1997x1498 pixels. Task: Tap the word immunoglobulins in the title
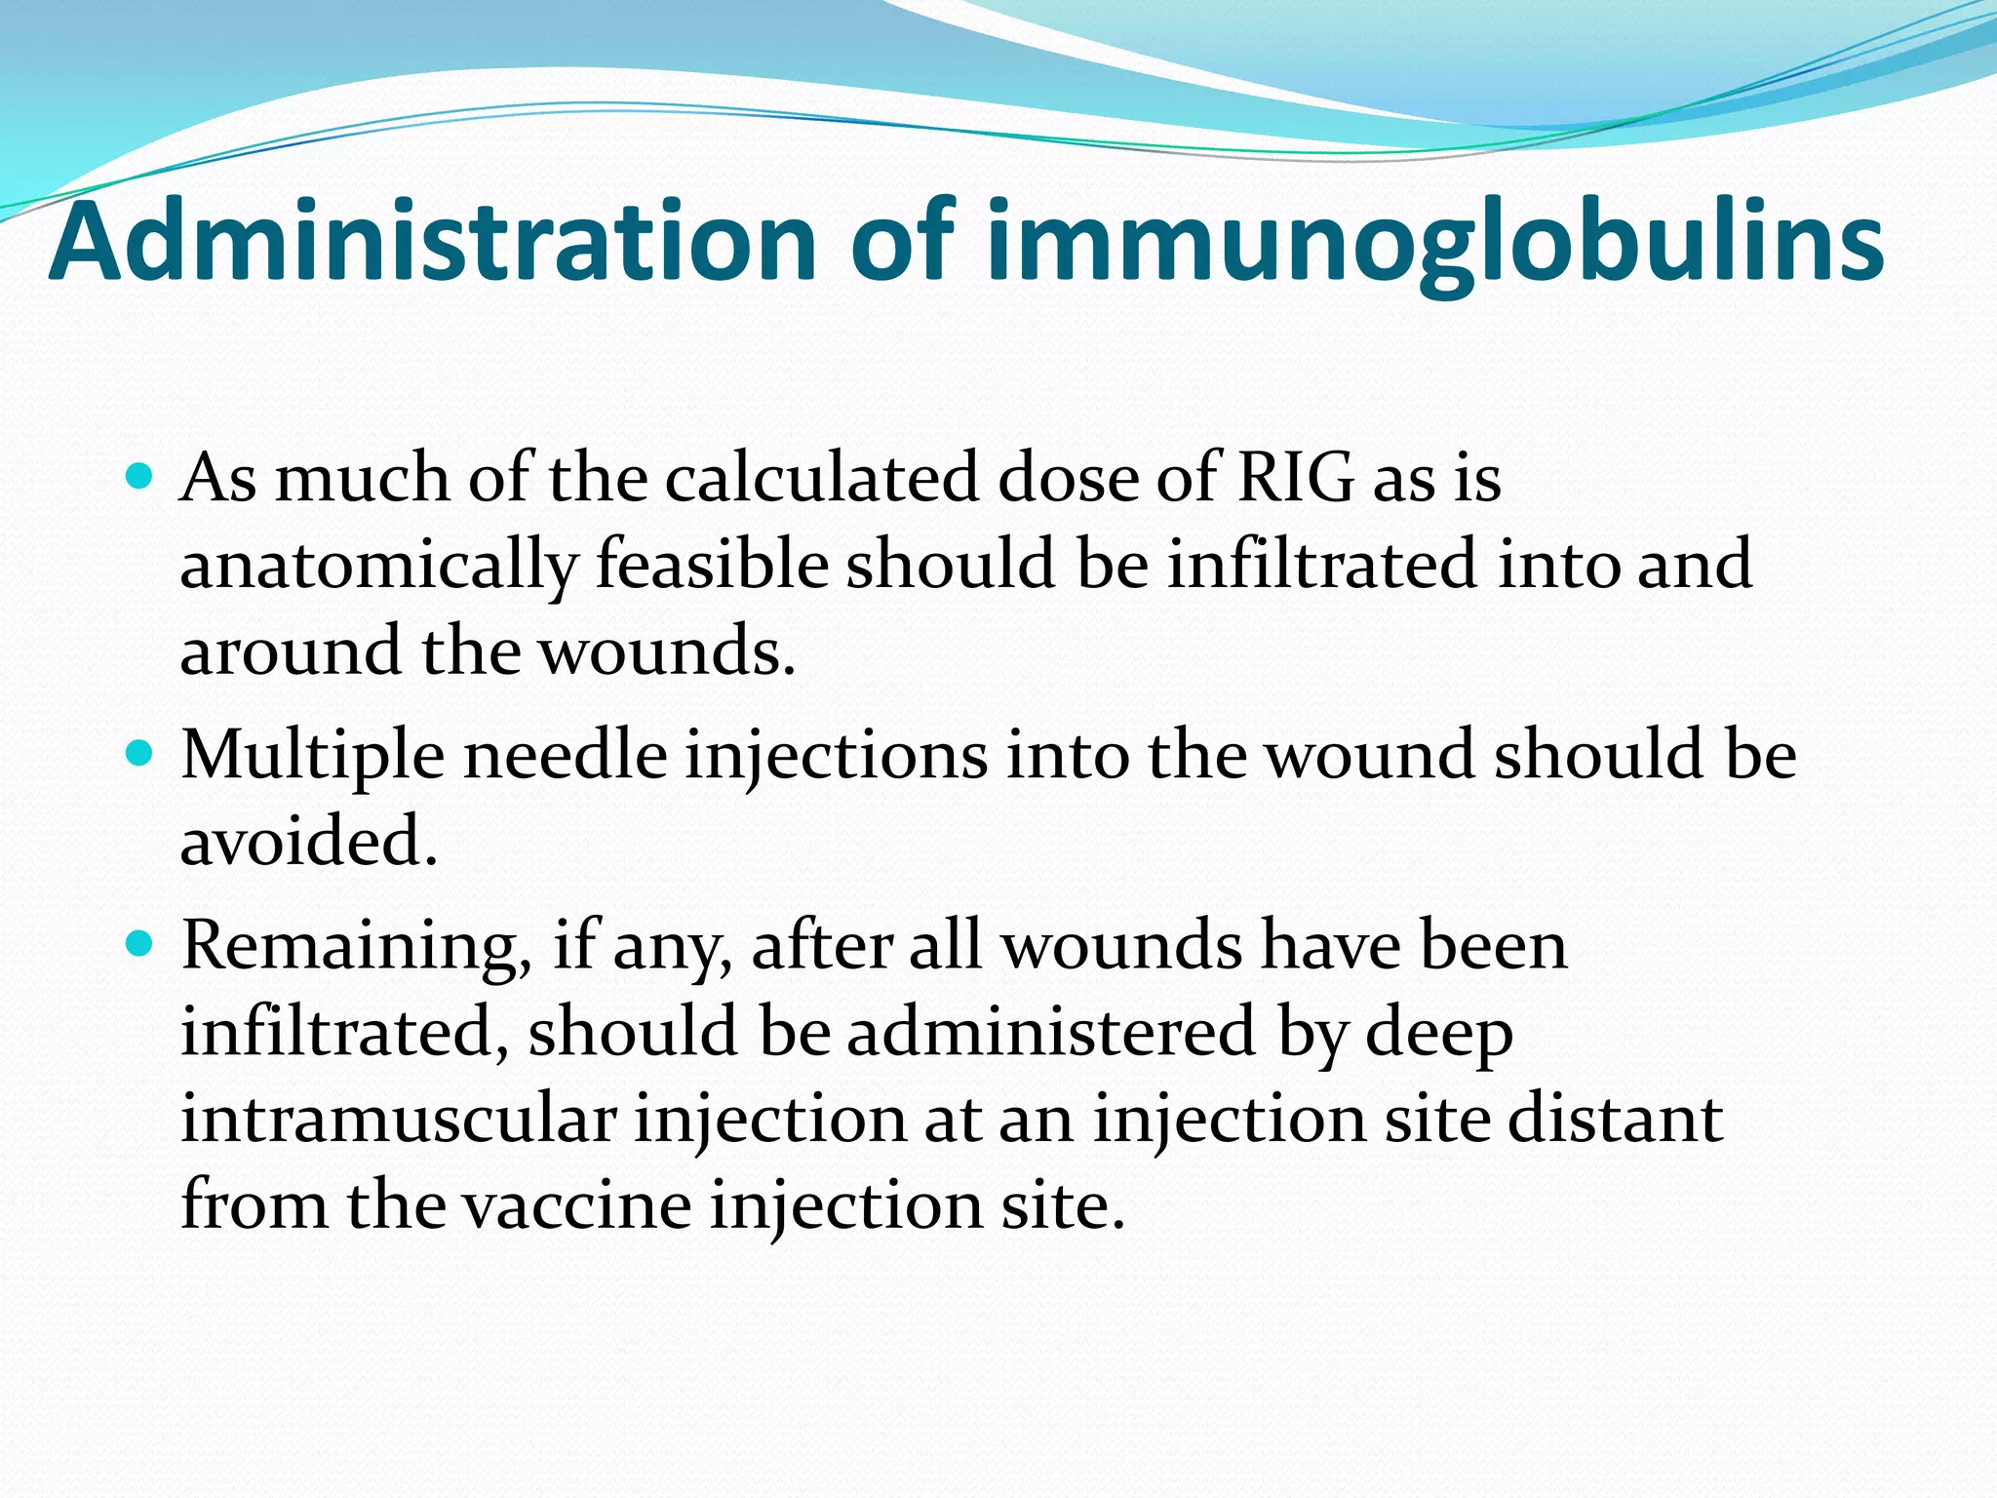point(1434,244)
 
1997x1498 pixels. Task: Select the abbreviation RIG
point(1296,478)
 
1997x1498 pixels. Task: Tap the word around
point(291,650)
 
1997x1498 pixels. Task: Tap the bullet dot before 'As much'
point(141,478)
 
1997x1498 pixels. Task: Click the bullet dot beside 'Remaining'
point(141,944)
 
